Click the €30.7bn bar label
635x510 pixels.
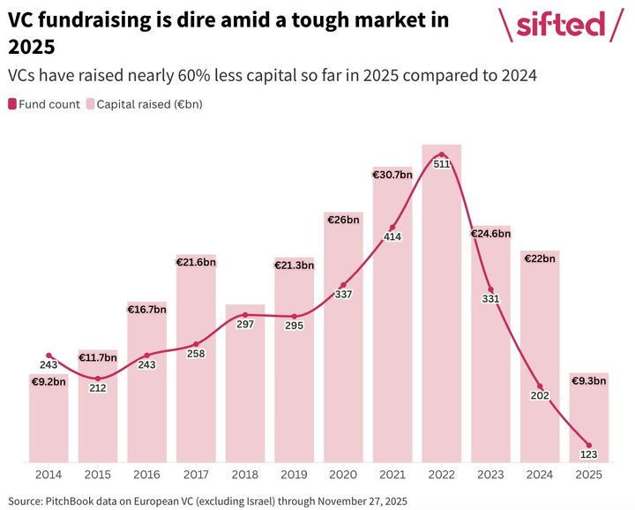pyautogui.click(x=392, y=175)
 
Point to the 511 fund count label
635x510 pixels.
pyautogui.click(x=442, y=164)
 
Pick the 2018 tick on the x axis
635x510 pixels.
pyautogui.click(x=245, y=474)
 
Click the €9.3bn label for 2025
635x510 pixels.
pyautogui.click(x=589, y=381)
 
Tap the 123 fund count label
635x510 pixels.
pyautogui.click(x=589, y=454)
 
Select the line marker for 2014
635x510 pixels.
pyautogui.click(x=49, y=356)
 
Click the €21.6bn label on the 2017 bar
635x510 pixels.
pyautogui.click(x=196, y=262)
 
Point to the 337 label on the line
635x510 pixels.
pyautogui.click(x=343, y=294)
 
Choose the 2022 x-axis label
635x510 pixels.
pyautogui.click(x=442, y=474)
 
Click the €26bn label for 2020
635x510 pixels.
pyautogui.click(x=343, y=220)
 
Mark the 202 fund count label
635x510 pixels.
pyautogui.click(x=540, y=396)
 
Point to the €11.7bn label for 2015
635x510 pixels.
pyautogui.click(x=98, y=357)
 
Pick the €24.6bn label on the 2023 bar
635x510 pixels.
pyautogui.click(x=490, y=234)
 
